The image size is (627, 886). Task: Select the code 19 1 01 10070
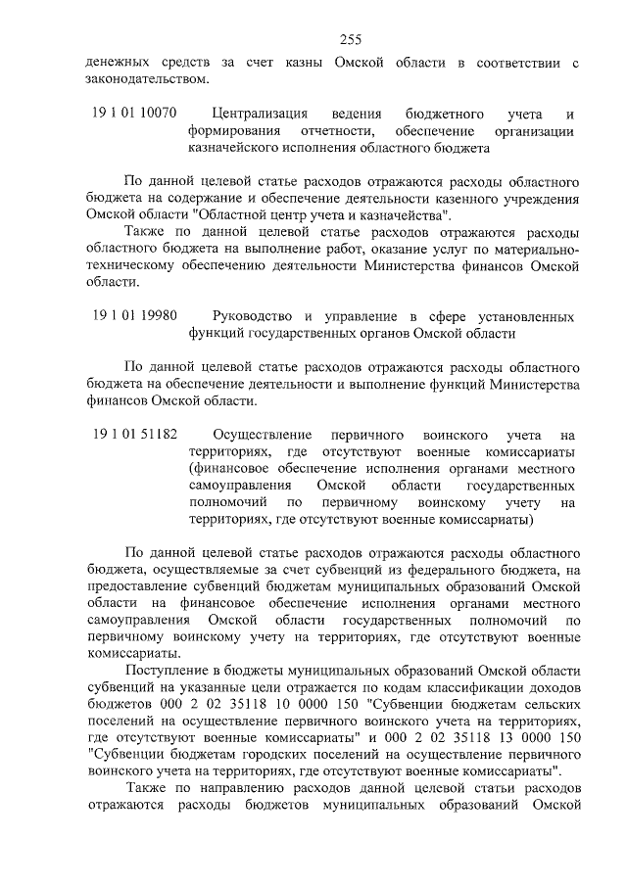click(x=135, y=114)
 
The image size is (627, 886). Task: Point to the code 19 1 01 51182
click(x=135, y=433)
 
